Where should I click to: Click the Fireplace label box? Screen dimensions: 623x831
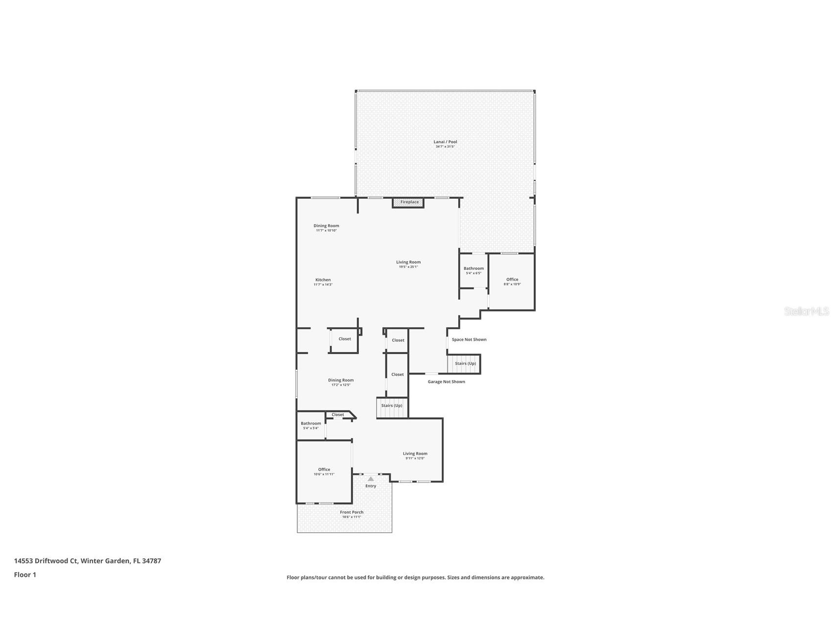coord(408,202)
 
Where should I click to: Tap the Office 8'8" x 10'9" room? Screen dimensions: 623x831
coord(512,282)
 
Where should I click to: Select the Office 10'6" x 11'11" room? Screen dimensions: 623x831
coord(324,471)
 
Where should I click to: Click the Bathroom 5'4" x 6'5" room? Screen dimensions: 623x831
coord(474,270)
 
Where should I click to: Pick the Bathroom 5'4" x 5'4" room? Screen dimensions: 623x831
coord(310,425)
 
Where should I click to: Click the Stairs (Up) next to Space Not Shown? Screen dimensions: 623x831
coord(465,363)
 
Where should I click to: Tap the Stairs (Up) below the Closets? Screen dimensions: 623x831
coord(392,406)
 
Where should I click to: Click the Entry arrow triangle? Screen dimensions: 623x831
coord(371,479)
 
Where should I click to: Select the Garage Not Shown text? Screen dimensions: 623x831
coord(446,382)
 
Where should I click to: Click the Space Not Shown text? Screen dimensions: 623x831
coord(469,339)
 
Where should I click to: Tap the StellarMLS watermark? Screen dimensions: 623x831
coord(806,311)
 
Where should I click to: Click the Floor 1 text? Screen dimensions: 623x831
coord(25,575)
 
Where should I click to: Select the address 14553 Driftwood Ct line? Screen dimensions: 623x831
coord(87,561)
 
